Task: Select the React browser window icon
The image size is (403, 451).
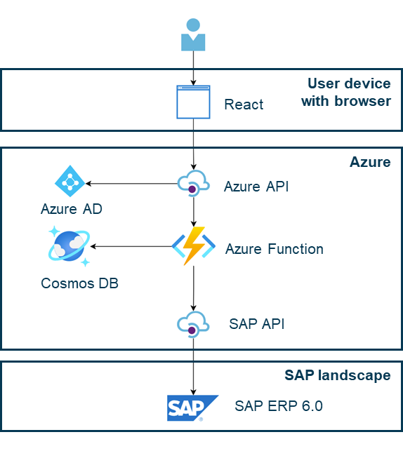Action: (193, 102)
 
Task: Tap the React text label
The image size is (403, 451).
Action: (244, 105)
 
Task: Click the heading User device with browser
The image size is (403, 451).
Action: (347, 93)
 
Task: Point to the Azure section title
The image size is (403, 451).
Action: (370, 163)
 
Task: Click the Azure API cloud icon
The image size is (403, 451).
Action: (192, 184)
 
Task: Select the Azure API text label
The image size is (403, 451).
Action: (256, 187)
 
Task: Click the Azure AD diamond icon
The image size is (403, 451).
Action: (70, 182)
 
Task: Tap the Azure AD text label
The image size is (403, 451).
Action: (72, 209)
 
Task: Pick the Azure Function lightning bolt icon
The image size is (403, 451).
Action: (192, 245)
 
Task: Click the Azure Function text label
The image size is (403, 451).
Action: (275, 249)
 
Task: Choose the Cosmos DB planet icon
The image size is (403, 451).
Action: (69, 246)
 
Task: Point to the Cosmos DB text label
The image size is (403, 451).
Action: (79, 283)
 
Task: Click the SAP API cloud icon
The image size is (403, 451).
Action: (192, 324)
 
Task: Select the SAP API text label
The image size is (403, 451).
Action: (256, 324)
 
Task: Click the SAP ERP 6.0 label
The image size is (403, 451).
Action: (279, 405)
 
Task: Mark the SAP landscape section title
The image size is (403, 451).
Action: (338, 375)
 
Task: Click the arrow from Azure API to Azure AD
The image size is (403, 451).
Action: (131, 184)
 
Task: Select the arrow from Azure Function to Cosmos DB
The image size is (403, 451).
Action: (131, 246)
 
